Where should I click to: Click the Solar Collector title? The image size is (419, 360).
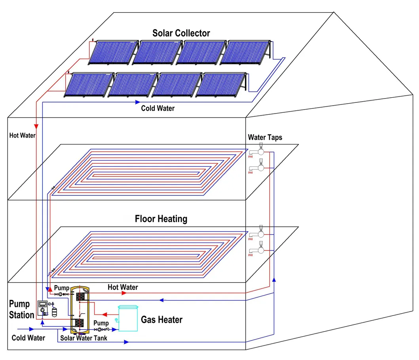[x=181, y=33]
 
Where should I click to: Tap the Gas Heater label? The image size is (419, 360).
[x=162, y=319]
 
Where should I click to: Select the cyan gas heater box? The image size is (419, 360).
[x=131, y=318]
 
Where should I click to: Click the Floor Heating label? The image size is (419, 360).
[x=161, y=219]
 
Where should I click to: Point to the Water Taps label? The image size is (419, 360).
[x=265, y=138]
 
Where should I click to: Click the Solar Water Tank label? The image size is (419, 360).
[x=83, y=338]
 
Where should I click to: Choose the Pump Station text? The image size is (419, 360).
[x=22, y=309]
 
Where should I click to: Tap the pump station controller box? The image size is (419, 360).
[x=42, y=308]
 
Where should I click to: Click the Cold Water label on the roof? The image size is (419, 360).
[x=158, y=108]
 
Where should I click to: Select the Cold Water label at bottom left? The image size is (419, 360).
[x=28, y=338]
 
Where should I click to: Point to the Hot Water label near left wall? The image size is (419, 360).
[x=23, y=135]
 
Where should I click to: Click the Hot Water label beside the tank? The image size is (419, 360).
[x=123, y=287]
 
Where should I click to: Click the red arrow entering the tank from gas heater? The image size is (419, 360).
[x=105, y=315]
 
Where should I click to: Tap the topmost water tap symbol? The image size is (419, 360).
[x=260, y=150]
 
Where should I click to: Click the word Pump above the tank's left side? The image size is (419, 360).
[x=61, y=288]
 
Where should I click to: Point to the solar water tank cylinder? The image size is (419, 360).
[x=80, y=309]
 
